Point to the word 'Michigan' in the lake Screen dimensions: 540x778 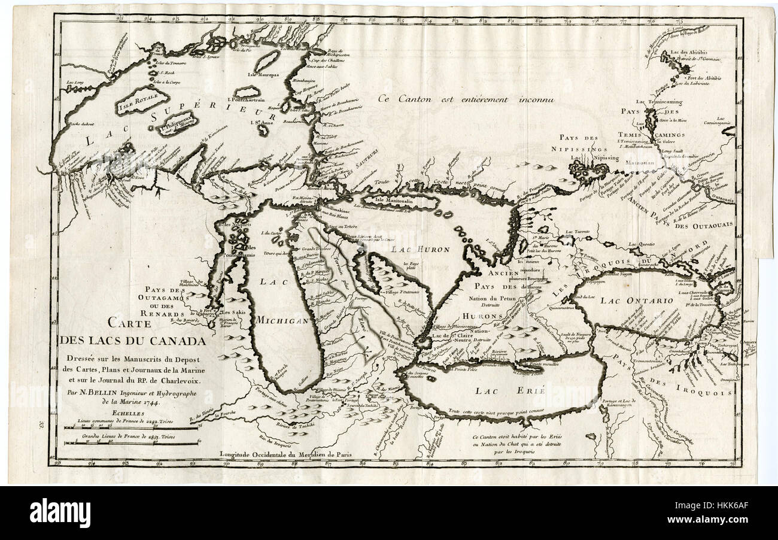[282, 320]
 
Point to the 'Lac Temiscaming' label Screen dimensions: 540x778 [660, 102]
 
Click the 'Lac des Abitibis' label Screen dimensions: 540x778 [692, 51]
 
